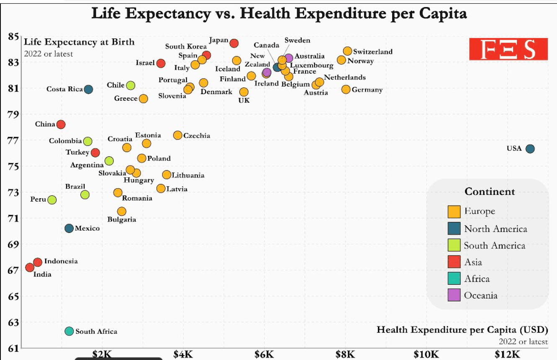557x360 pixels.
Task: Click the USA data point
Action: [530, 149]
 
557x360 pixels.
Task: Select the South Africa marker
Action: [69, 331]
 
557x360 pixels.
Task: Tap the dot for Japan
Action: [234, 43]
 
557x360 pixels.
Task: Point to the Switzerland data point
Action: [347, 51]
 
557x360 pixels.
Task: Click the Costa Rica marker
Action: [88, 89]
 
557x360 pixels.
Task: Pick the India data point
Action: [30, 267]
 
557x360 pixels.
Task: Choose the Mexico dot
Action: [69, 228]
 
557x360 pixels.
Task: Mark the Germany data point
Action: [346, 89]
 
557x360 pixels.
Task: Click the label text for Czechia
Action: [197, 135]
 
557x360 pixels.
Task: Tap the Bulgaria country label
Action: [122, 219]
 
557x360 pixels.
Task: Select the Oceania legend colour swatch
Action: [454, 295]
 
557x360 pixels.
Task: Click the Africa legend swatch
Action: [454, 278]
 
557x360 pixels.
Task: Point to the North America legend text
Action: [495, 229]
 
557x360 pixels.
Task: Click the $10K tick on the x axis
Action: [426, 354]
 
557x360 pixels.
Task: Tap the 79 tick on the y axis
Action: [14, 114]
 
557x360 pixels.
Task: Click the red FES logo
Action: [508, 49]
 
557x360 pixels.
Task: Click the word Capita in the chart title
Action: [444, 14]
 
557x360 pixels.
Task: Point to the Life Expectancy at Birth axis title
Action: [79, 42]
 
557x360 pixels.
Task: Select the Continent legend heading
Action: [490, 191]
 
